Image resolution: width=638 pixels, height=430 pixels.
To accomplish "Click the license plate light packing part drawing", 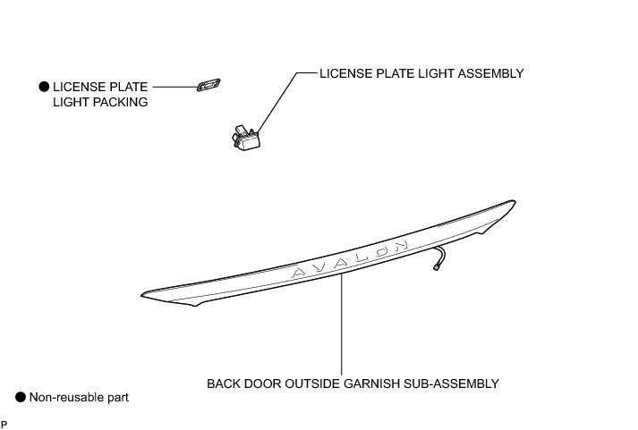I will coord(208,86).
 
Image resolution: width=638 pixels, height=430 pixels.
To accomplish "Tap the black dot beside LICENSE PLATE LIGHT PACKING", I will coord(42,87).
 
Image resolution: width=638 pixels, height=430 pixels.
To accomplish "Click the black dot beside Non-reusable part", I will coord(20,396).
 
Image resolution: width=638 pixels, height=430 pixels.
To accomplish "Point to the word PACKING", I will coord(123,103).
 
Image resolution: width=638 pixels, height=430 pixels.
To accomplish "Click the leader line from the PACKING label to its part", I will coord(173,87).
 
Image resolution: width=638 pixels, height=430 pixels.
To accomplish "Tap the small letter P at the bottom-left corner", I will coord(4,423).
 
